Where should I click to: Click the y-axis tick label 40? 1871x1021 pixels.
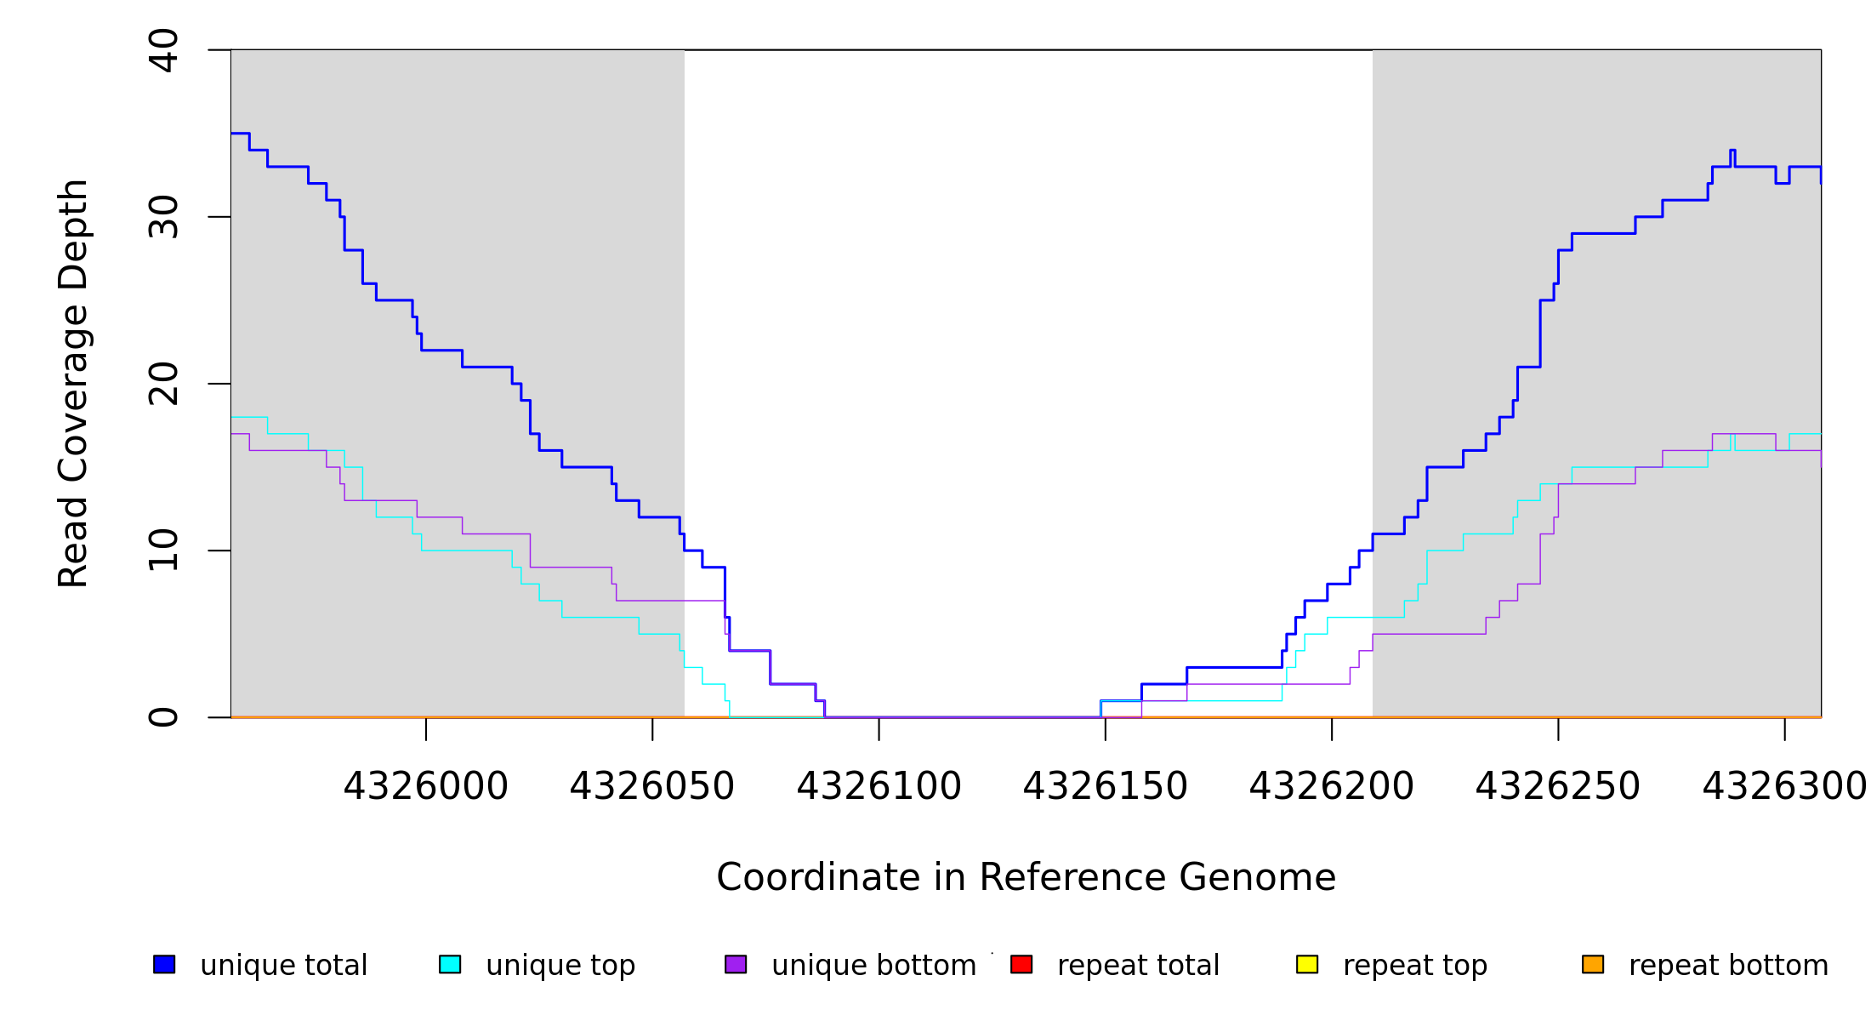click(x=163, y=50)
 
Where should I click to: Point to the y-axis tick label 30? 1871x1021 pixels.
click(x=163, y=217)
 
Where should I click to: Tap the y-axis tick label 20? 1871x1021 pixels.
click(x=163, y=384)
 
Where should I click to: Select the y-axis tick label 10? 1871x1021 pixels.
click(x=163, y=550)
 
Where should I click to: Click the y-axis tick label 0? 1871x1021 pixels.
click(x=163, y=717)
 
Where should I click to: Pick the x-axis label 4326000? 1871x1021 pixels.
click(x=425, y=787)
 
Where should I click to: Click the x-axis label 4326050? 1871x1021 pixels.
click(x=652, y=787)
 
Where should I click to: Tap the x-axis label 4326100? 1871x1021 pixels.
click(x=879, y=787)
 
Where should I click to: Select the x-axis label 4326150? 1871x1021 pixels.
click(x=1105, y=787)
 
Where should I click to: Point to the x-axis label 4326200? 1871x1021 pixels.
click(x=1331, y=787)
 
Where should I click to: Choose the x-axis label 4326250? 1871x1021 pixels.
click(x=1557, y=787)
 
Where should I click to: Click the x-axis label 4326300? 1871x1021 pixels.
click(x=1783, y=787)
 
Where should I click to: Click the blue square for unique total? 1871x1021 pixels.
click(x=164, y=964)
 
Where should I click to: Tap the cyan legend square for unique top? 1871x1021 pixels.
click(x=450, y=964)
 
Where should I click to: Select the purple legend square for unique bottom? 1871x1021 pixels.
click(x=736, y=964)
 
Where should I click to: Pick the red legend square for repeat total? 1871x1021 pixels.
click(x=1021, y=964)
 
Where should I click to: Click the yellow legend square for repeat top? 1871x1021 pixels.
click(x=1307, y=964)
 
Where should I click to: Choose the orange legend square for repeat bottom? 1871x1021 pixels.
click(x=1593, y=964)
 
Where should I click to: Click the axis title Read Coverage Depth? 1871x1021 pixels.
click(x=73, y=383)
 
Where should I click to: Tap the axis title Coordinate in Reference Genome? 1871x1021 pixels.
click(x=1026, y=878)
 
